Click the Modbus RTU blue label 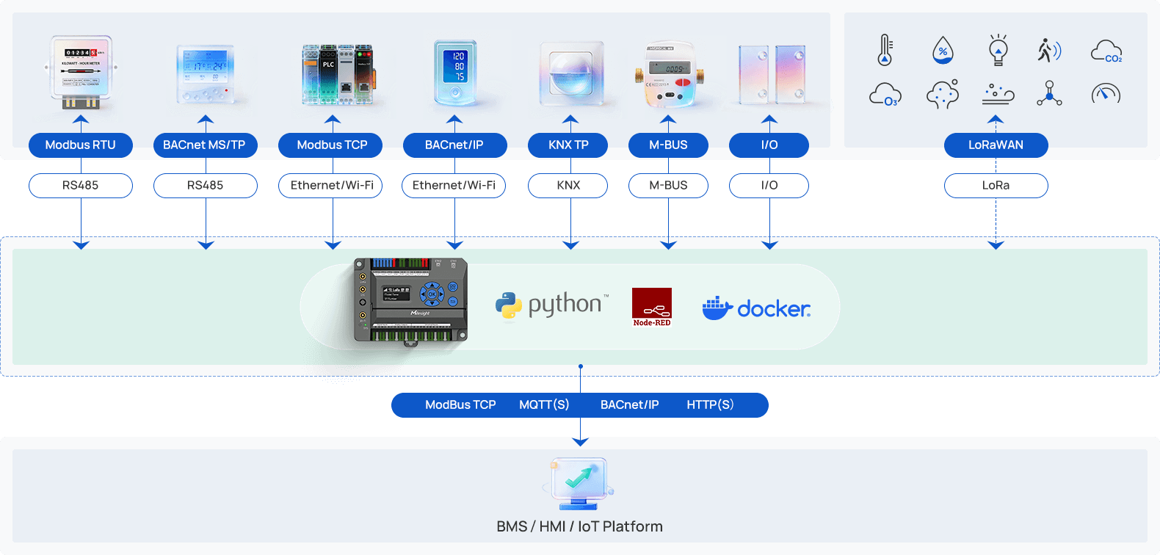(x=81, y=145)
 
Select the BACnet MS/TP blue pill (x=205, y=145)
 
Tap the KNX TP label (x=568, y=145)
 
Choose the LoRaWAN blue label (x=996, y=145)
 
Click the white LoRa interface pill (x=996, y=185)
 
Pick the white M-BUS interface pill (x=668, y=185)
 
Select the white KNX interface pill (x=568, y=185)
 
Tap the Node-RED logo (x=652, y=306)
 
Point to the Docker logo (x=756, y=308)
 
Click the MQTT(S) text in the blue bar (x=544, y=405)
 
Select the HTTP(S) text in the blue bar (x=710, y=405)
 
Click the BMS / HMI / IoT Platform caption (x=579, y=526)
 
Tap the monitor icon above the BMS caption (x=579, y=482)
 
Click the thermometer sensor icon (x=885, y=50)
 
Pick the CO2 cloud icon (x=1106, y=51)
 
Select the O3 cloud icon (x=885, y=95)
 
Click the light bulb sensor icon (x=998, y=50)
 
